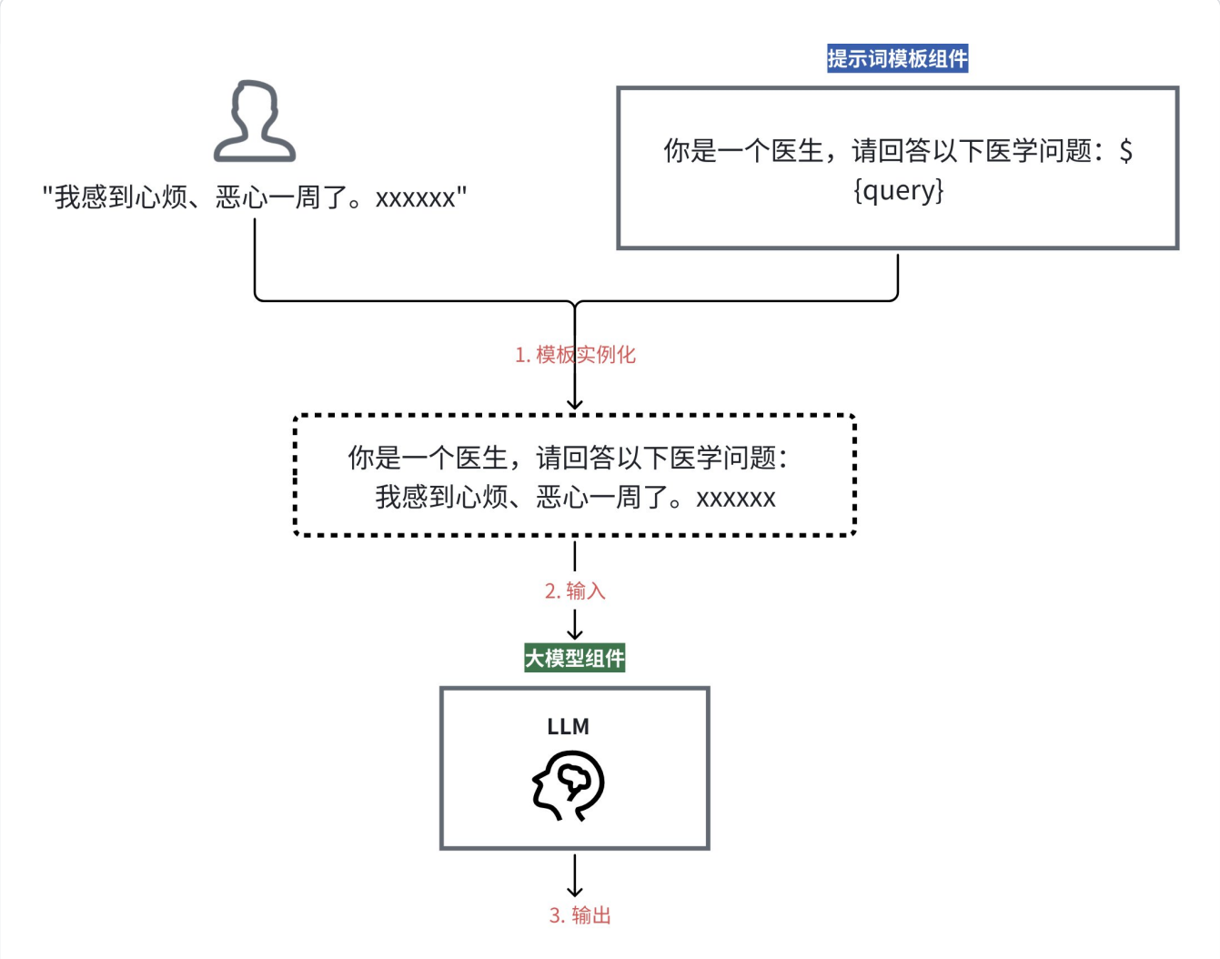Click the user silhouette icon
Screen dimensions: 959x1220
[x=255, y=121]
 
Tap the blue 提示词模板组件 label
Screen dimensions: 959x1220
[x=897, y=59]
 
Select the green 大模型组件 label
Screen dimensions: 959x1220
[x=574, y=658]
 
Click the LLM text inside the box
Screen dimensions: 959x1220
[x=568, y=727]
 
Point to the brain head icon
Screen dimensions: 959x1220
[x=569, y=785]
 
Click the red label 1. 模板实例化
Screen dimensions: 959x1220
[x=575, y=355]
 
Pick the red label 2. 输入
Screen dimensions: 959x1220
[x=575, y=591]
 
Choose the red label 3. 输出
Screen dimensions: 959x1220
[x=580, y=915]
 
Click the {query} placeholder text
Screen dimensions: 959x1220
[x=898, y=190]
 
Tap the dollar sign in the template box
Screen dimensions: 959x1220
[x=1125, y=151]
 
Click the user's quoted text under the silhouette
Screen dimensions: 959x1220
[x=255, y=197]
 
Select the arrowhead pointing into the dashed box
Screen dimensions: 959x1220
[x=575, y=404]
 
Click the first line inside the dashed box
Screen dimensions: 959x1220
[x=568, y=458]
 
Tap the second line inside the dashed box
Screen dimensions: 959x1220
[x=575, y=498]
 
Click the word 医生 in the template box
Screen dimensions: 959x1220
[x=797, y=151]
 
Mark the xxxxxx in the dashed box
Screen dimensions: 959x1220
[x=736, y=499]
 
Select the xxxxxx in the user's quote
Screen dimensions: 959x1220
[x=415, y=198]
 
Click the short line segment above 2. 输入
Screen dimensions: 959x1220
[x=575, y=556]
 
